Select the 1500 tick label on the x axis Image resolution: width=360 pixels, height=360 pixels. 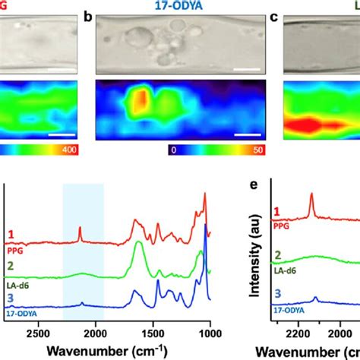pos(152,331)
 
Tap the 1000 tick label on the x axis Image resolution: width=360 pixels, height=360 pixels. pos(209,331)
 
